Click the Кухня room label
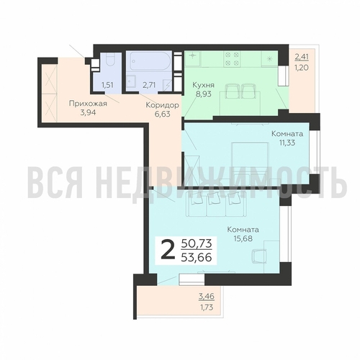pyautogui.click(x=203, y=85)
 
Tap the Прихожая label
pyautogui.click(x=88, y=104)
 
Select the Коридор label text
pyautogui.click(x=163, y=105)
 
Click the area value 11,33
pyautogui.click(x=287, y=143)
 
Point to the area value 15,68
pyautogui.click(x=243, y=238)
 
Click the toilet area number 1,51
pyautogui.click(x=107, y=85)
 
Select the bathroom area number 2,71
pyautogui.click(x=149, y=85)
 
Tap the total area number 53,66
pyautogui.click(x=197, y=258)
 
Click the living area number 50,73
pyautogui.click(x=197, y=244)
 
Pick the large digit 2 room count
pyautogui.click(x=167, y=251)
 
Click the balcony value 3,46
pyautogui.click(x=207, y=297)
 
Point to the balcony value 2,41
pyautogui.click(x=302, y=57)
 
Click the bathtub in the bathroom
pyautogui.click(x=150, y=61)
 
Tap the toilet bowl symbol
pyautogui.click(x=111, y=59)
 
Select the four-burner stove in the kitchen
pyautogui.click(x=232, y=59)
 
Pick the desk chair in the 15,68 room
pyautogui.click(x=259, y=256)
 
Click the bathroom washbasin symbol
pyautogui.click(x=131, y=81)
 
